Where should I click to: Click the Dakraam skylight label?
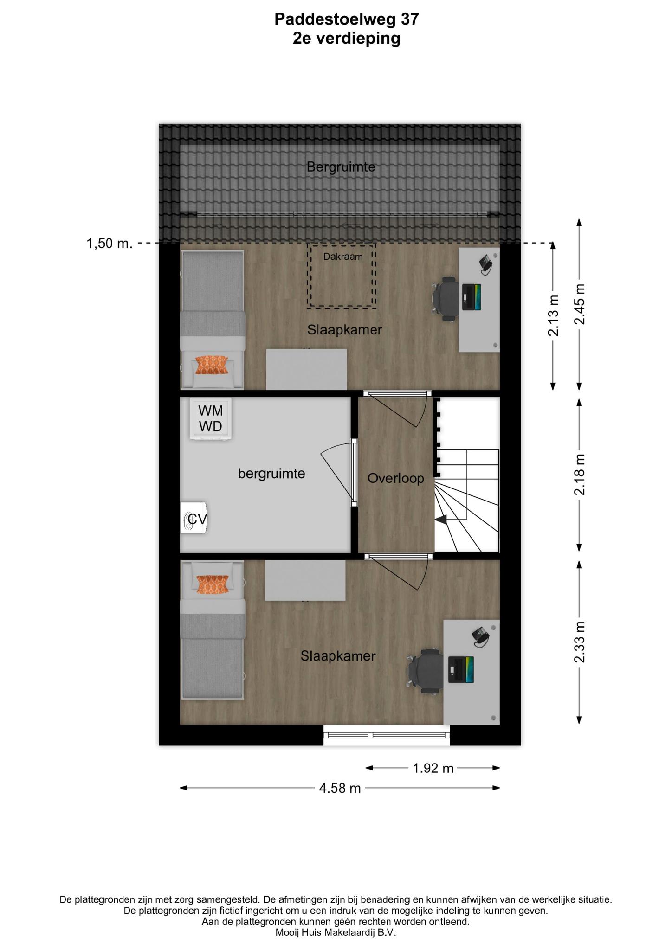343,256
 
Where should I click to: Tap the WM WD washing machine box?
211,418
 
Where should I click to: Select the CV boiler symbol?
194,518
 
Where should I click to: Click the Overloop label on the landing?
396,478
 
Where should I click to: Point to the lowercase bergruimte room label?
271,474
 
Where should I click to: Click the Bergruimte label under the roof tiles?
341,167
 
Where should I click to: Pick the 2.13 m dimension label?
553,315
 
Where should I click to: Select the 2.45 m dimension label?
579,304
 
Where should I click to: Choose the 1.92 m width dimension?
433,768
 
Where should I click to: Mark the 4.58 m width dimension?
340,788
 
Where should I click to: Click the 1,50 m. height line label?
110,243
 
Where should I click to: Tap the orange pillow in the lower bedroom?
213,584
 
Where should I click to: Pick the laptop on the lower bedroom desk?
461,669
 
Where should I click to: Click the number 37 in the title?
410,19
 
